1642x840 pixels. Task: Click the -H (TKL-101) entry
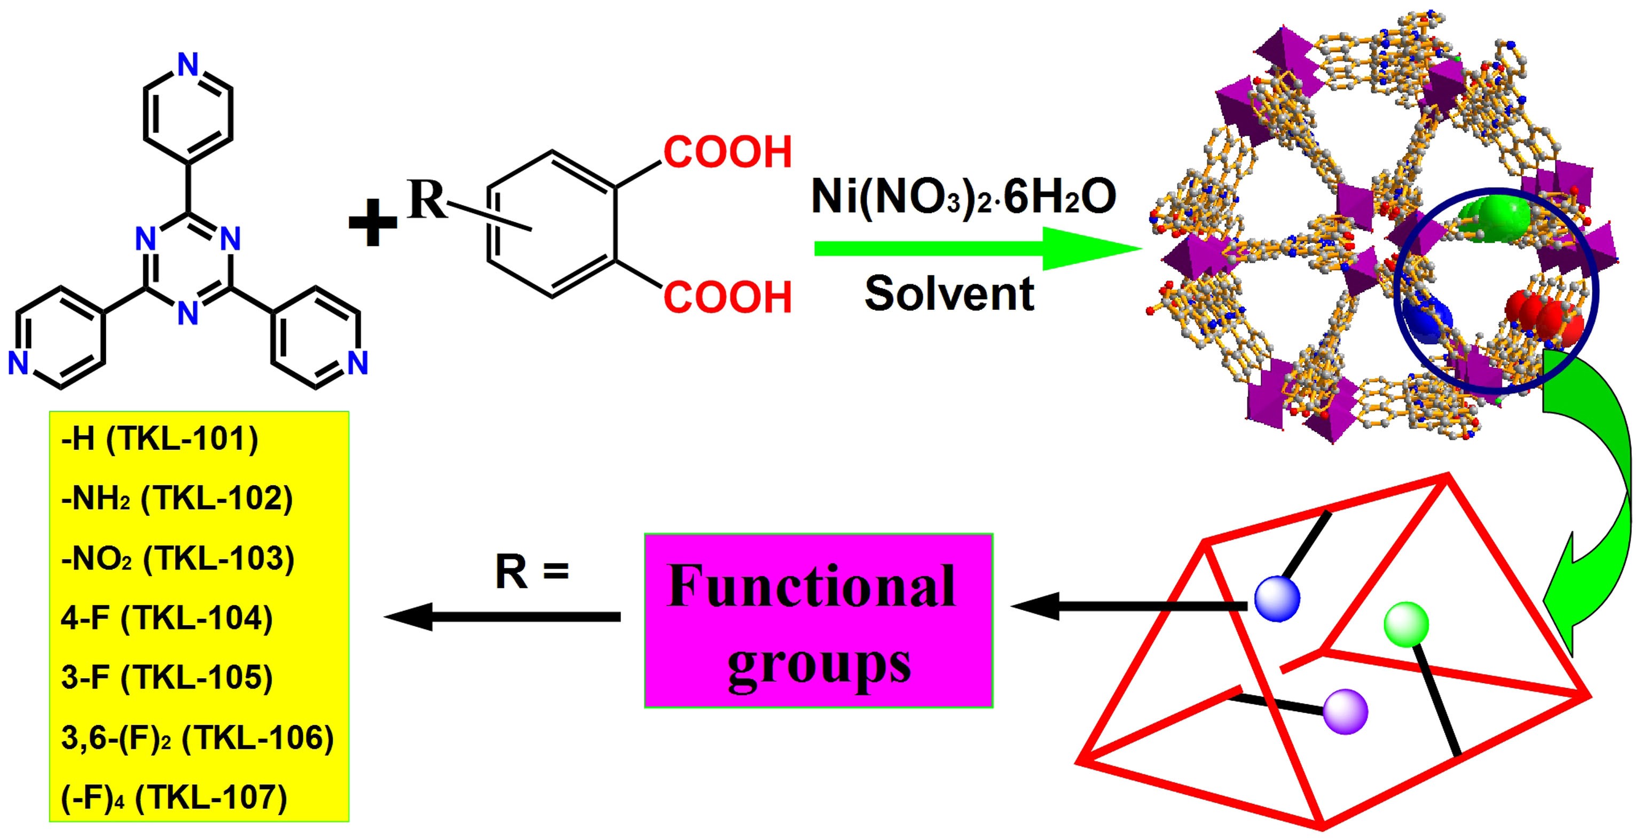(x=159, y=440)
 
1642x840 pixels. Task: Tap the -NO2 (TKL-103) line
(x=178, y=559)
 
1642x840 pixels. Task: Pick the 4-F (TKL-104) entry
(x=167, y=619)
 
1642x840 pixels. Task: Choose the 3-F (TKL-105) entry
(x=167, y=678)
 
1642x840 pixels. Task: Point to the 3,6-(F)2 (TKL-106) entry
(x=198, y=738)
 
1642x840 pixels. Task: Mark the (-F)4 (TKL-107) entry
(x=174, y=797)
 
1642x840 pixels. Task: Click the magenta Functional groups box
(x=819, y=620)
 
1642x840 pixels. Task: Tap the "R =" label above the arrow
(x=532, y=572)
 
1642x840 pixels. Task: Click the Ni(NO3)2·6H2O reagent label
(x=963, y=197)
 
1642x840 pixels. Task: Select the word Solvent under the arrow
(x=949, y=294)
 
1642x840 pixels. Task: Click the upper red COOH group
(x=727, y=152)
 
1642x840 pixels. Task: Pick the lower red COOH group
(x=727, y=297)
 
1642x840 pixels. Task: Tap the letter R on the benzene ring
(x=427, y=200)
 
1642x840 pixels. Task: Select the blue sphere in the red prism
(x=1277, y=599)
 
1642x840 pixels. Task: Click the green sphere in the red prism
(x=1406, y=625)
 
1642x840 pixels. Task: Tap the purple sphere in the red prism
(x=1346, y=711)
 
